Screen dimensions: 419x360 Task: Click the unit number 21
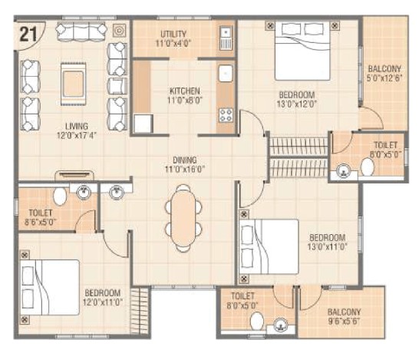pyautogui.click(x=28, y=35)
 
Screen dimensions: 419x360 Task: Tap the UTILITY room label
pyautogui.click(x=173, y=35)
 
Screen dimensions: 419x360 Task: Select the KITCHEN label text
pyautogui.click(x=185, y=91)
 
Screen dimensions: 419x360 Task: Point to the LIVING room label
pyautogui.click(x=77, y=126)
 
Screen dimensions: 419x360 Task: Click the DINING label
pyautogui.click(x=185, y=160)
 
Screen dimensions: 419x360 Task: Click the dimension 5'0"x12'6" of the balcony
pyautogui.click(x=384, y=78)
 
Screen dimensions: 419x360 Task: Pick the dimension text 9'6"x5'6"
pyautogui.click(x=344, y=321)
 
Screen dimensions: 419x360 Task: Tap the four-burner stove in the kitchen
pyautogui.click(x=226, y=115)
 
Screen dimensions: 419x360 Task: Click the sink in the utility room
pyautogui.click(x=226, y=38)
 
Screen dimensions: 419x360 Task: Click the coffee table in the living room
pyautogui.click(x=73, y=84)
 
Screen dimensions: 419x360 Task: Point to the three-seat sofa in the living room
pyautogui.click(x=81, y=31)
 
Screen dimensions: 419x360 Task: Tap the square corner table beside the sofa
pyautogui.click(x=120, y=31)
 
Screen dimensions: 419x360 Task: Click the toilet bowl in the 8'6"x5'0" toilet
pyautogui.click(x=60, y=196)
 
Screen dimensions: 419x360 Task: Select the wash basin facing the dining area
pyautogui.click(x=117, y=192)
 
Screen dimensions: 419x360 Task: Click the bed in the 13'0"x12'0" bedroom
pyautogui.click(x=302, y=51)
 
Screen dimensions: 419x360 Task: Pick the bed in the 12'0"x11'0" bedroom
pyautogui.click(x=50, y=287)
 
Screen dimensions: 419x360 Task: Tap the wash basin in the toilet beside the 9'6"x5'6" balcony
pyautogui.click(x=280, y=325)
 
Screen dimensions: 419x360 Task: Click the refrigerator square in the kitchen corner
pyautogui.click(x=144, y=124)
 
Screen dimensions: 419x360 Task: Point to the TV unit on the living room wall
pyautogui.click(x=74, y=175)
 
